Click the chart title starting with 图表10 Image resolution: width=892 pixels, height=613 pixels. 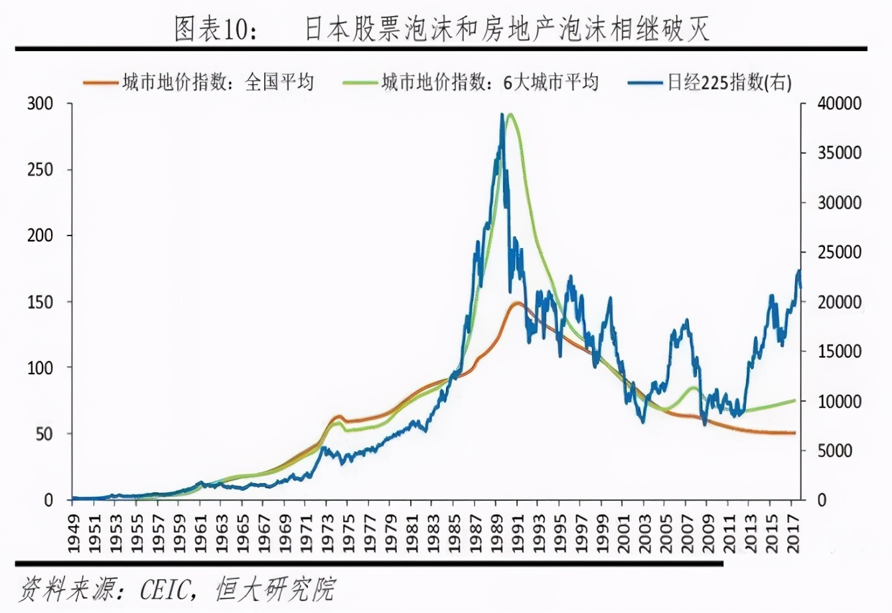coord(441,29)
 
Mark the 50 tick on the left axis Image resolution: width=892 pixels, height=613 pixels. coord(44,434)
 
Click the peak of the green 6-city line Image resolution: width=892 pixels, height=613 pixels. coord(510,114)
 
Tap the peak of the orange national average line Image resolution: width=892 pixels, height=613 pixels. coord(516,303)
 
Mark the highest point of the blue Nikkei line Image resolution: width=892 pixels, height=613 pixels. coord(502,114)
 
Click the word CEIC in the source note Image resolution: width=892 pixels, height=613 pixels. coord(165,588)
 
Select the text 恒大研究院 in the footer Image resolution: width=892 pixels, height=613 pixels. coord(276,588)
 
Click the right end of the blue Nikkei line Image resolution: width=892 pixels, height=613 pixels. coord(800,287)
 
